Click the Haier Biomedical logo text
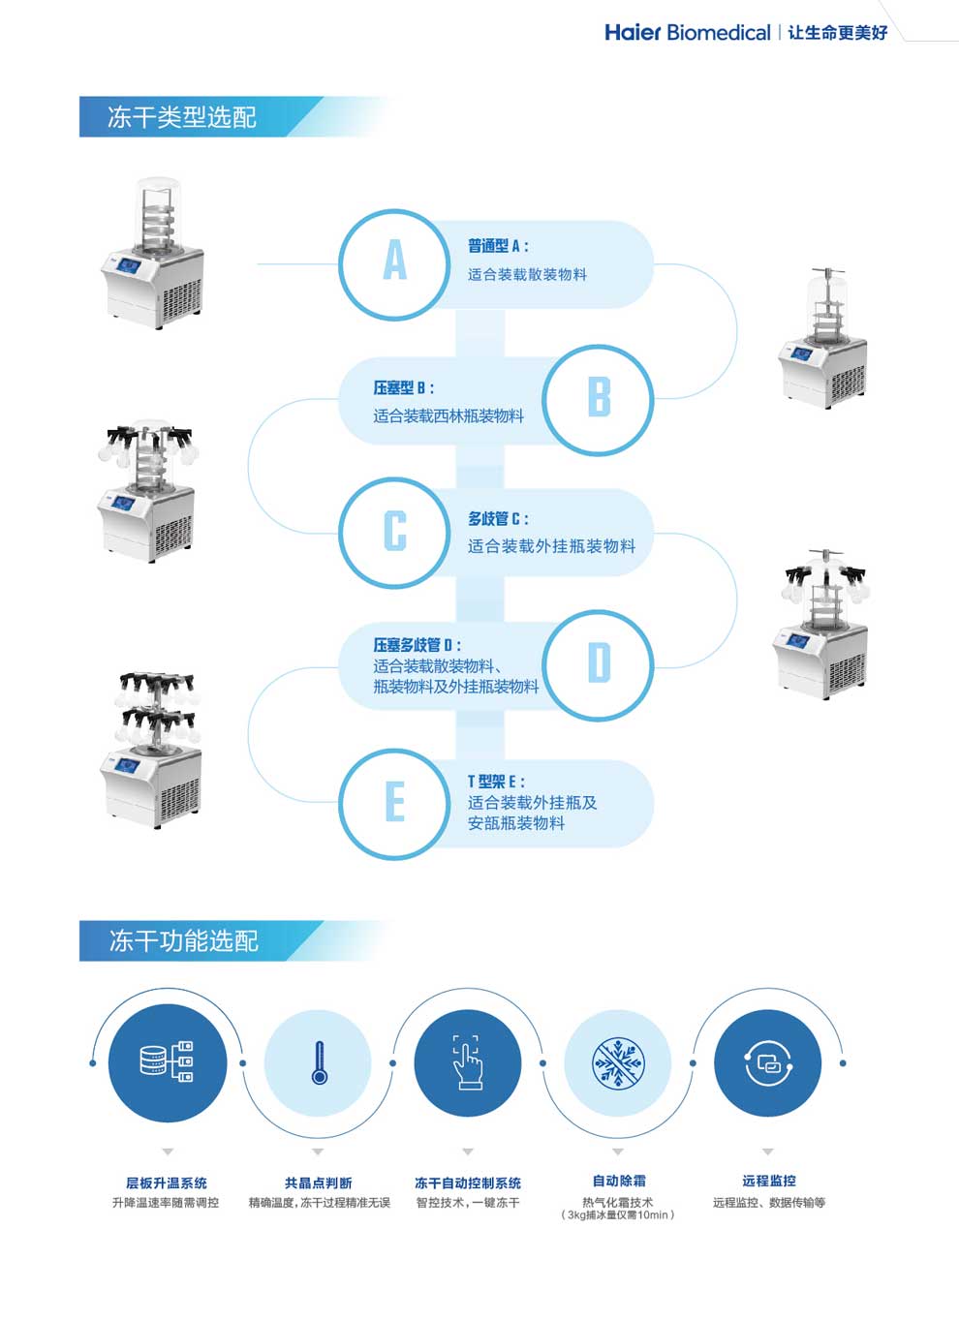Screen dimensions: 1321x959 pos(687,32)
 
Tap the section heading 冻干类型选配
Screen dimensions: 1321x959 pos(181,117)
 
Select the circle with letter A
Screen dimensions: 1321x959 pos(394,263)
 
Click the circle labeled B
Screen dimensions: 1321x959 pos(598,398)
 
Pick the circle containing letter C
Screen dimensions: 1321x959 pos(394,532)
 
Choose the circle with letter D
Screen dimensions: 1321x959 pos(598,664)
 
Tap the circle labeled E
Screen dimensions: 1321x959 pos(394,803)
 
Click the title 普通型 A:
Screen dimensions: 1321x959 pos(498,246)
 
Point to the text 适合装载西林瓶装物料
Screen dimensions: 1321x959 pos(449,415)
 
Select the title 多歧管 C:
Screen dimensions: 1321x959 pos(498,519)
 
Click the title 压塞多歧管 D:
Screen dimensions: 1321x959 pos(418,645)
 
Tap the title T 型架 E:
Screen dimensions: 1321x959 pos(496,782)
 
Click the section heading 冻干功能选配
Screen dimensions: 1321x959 pos(183,940)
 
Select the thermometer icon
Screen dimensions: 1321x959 pos(319,1062)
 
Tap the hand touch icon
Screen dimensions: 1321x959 pos(468,1062)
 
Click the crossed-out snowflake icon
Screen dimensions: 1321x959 pos(618,1062)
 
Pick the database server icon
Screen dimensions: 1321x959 pos(167,1062)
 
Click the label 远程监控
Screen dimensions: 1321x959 pos(769,1181)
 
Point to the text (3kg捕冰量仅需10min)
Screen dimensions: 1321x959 pos(618,1215)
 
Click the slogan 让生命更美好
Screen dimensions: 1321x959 pos(837,32)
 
